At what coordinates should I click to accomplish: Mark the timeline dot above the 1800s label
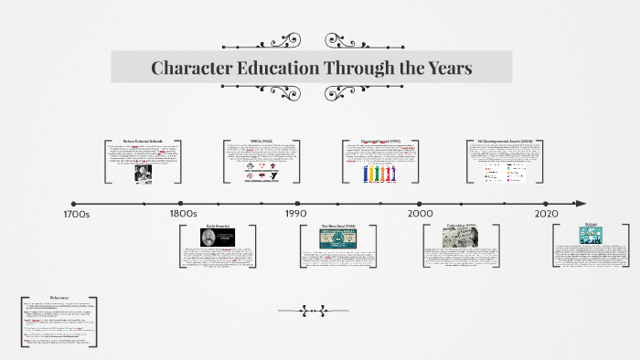click(x=181, y=203)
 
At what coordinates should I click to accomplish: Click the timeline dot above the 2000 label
click(x=421, y=203)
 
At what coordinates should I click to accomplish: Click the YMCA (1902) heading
click(x=261, y=141)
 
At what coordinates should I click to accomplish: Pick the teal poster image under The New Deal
click(x=336, y=238)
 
